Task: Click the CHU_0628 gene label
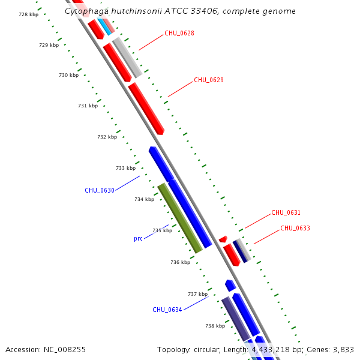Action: click(179, 33)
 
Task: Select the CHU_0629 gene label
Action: click(208, 80)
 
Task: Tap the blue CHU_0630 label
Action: click(99, 190)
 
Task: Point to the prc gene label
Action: click(138, 238)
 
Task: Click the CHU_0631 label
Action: click(286, 212)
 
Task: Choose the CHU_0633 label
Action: click(295, 228)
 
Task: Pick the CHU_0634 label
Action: click(167, 310)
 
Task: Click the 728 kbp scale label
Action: click(28, 14)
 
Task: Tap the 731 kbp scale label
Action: click(88, 106)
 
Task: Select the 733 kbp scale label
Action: click(125, 168)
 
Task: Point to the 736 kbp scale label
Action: click(180, 262)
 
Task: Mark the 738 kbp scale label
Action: click(215, 326)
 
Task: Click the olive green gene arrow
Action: click(179, 218)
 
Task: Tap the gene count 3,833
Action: click(342, 349)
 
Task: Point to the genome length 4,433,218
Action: click(274, 349)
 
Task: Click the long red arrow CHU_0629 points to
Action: click(146, 108)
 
